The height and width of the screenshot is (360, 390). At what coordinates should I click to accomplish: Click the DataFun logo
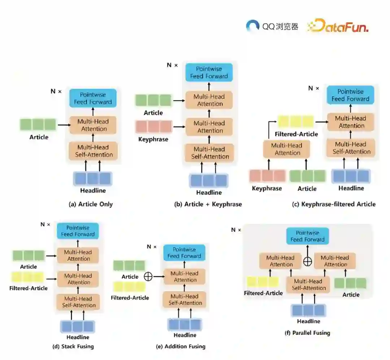point(337,26)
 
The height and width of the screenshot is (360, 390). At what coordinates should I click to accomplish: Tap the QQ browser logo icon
point(253,26)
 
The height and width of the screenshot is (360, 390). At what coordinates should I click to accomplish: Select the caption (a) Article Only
point(91,204)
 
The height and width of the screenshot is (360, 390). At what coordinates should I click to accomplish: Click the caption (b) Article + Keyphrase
point(208,204)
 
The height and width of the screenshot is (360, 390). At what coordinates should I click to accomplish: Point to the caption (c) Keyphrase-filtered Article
point(334,204)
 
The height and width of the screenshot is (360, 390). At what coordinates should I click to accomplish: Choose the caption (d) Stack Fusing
point(73,347)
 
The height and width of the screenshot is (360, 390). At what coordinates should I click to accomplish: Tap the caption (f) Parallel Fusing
point(307,333)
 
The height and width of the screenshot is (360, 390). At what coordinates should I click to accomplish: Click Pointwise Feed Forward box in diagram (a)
point(93,98)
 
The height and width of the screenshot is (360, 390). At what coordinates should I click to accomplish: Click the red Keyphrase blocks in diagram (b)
point(153,127)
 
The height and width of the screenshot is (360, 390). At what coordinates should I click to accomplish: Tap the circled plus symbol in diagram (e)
point(148,277)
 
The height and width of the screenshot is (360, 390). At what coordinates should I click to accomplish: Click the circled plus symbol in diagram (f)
point(307,261)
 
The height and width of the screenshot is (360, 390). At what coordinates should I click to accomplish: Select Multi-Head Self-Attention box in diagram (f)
point(309,285)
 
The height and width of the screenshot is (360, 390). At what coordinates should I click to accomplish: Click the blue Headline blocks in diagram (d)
point(77,326)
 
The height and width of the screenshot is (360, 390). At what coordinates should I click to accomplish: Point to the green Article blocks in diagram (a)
point(38,125)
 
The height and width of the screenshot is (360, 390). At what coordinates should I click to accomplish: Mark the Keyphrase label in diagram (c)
point(267,188)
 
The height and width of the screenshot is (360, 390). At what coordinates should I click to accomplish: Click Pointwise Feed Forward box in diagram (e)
point(184,253)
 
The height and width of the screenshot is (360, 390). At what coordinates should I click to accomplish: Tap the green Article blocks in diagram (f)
point(350,283)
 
